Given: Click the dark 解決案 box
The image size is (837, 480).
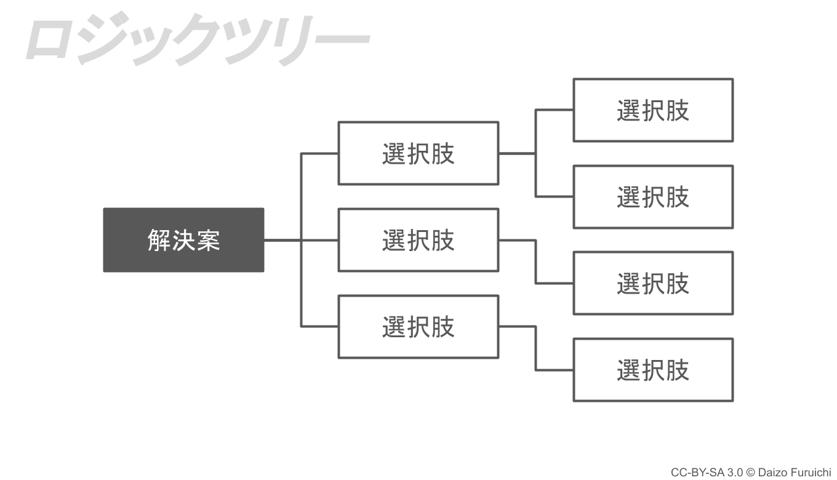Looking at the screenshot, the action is (x=183, y=240).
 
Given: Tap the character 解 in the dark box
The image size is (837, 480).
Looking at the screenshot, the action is (x=159, y=240).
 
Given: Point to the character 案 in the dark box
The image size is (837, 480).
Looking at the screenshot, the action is (x=209, y=240).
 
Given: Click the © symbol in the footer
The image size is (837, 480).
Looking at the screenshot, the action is (x=751, y=473).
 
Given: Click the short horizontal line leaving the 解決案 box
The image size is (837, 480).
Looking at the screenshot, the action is (x=282, y=240).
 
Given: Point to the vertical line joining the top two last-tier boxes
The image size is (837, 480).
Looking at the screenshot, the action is (x=536, y=153).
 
